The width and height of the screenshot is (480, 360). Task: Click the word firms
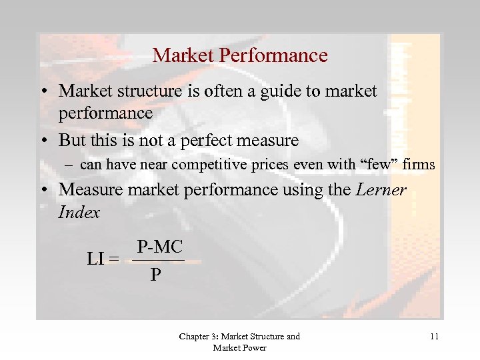pos(419,165)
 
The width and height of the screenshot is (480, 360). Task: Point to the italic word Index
pos(79,213)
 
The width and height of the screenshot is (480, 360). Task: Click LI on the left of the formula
pos(96,258)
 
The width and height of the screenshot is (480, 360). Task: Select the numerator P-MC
pos(159,247)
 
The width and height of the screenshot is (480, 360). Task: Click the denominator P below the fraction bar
pos(155,275)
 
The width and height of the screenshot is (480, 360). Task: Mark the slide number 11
pos(434,337)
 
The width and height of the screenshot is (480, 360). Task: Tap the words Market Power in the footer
pos(239,347)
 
